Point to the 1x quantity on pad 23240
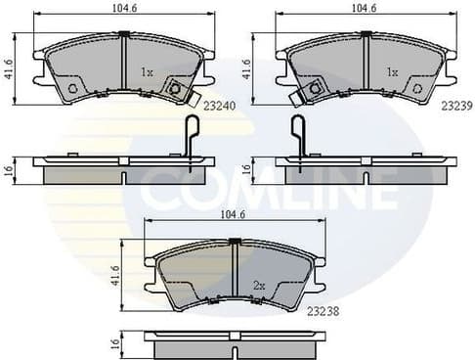point(147,72)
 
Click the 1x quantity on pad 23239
point(391,72)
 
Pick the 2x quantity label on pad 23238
point(258,285)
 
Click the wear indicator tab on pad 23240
point(177,90)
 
